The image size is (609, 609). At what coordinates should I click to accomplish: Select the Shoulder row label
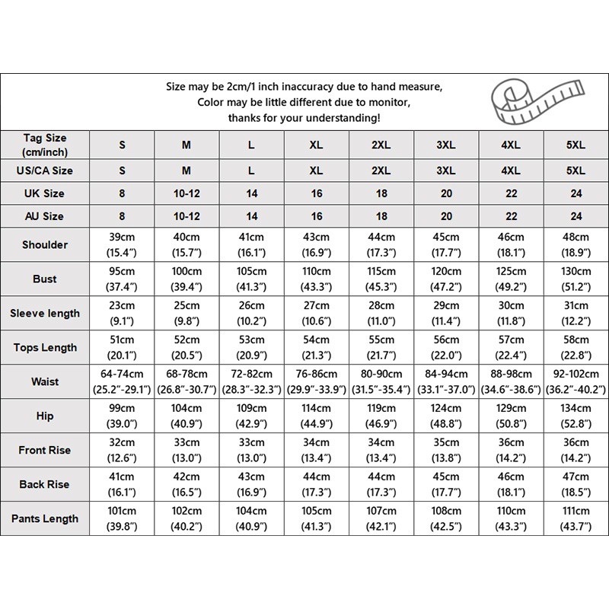[x=45, y=244]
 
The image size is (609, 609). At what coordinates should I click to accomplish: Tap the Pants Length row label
[x=45, y=518]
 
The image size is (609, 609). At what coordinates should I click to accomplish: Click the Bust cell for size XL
[x=317, y=279]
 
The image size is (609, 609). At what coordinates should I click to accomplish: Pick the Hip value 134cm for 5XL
[x=576, y=416]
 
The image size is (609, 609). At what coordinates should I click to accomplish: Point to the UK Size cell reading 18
[x=381, y=193]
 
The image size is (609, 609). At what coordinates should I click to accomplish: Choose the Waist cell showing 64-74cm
[x=122, y=381]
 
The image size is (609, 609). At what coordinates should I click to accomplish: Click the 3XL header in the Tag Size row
[x=446, y=145]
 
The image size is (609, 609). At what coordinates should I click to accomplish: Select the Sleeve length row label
[x=45, y=313]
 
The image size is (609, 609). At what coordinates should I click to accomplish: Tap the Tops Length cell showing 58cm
[x=576, y=347]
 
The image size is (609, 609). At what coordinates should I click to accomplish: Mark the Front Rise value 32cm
[x=122, y=450]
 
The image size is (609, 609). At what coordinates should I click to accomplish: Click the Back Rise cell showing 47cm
[x=576, y=484]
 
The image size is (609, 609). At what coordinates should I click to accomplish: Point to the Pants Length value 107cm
[x=381, y=518]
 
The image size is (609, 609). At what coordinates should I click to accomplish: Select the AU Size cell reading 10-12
[x=187, y=216]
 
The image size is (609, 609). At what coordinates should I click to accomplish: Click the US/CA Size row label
[x=45, y=171]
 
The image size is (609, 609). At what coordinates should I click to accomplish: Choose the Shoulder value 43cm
[x=317, y=244]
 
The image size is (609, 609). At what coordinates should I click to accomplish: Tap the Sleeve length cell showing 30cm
[x=511, y=313]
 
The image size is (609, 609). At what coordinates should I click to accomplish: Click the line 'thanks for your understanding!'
[x=304, y=118]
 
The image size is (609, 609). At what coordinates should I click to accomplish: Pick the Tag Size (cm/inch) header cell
[x=45, y=145]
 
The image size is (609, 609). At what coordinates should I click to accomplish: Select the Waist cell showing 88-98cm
[x=511, y=381]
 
